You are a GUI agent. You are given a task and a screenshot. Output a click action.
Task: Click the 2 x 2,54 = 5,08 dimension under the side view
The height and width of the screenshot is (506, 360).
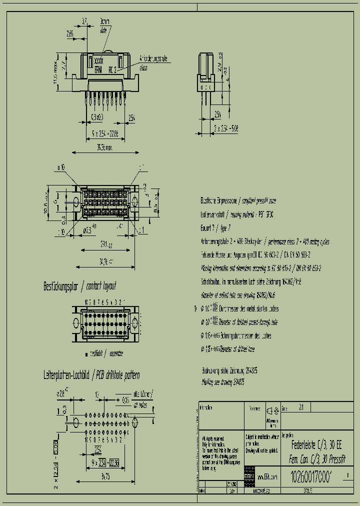coord(225,128)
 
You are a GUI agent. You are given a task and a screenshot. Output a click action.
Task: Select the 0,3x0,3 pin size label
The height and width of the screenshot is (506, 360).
coord(97,117)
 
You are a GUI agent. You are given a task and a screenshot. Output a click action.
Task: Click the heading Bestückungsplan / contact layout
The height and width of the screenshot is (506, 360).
coord(80,286)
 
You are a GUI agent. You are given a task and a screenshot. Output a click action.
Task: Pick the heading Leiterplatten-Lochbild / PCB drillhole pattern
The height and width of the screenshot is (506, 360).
coord(91,375)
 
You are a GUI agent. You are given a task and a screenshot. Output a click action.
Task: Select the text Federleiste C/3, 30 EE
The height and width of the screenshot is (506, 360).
coord(316,443)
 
